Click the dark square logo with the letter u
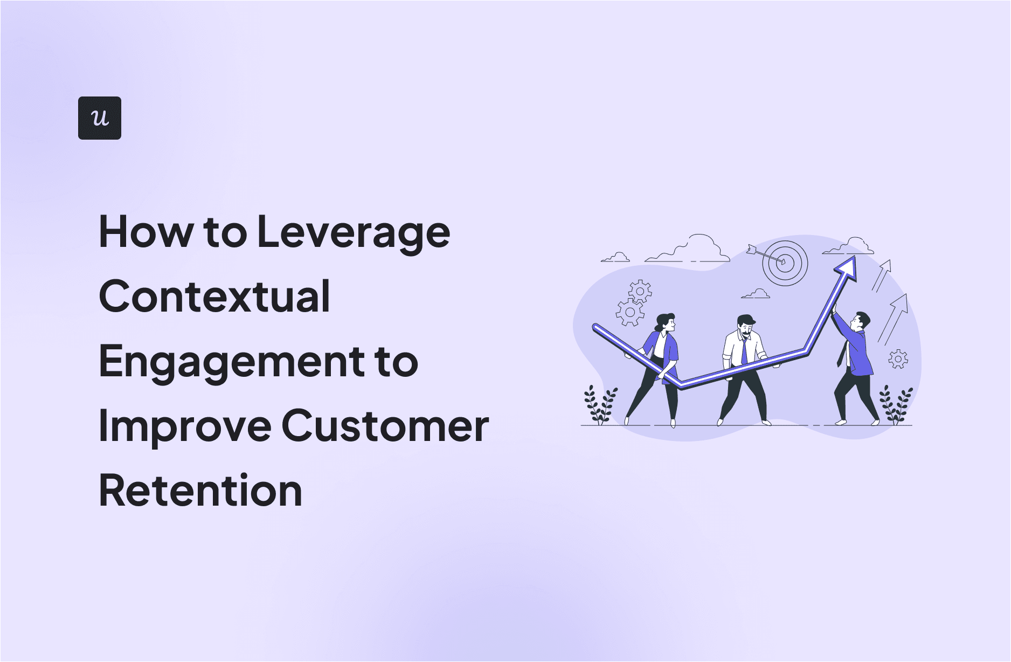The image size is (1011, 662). [100, 118]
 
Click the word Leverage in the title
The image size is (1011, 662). [354, 233]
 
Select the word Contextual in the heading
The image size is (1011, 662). [214, 296]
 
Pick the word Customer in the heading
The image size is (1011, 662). [385, 426]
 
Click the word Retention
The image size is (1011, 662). [200, 491]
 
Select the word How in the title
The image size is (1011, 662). [146, 232]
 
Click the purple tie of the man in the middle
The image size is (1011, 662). [744, 351]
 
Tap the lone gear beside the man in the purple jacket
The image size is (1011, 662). [898, 359]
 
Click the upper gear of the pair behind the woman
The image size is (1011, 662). [640, 291]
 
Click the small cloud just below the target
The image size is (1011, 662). [756, 294]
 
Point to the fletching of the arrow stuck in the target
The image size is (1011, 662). [752, 249]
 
